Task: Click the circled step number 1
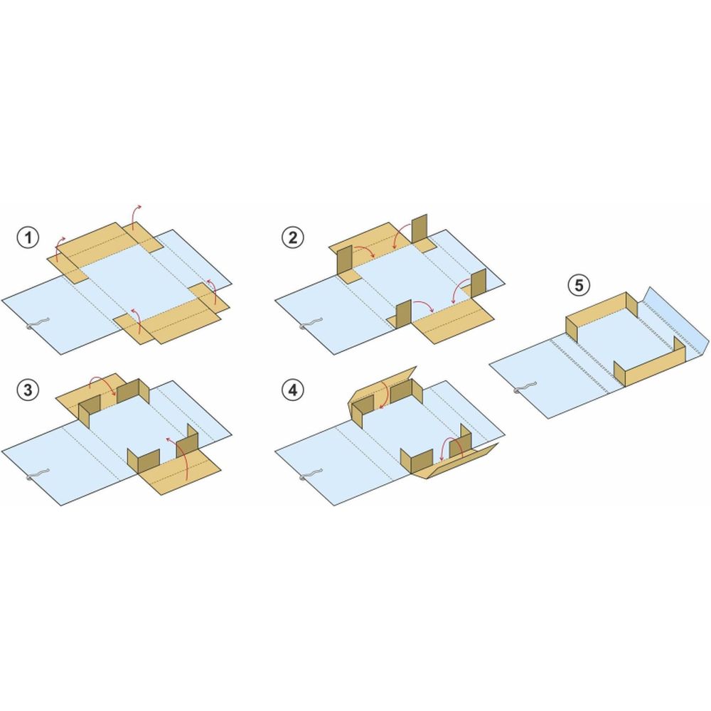[x=28, y=237]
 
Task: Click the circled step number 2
[x=293, y=237]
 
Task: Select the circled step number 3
[x=28, y=390]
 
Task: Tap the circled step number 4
[x=293, y=390]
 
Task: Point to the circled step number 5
[x=579, y=285]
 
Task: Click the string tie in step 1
[x=36, y=324]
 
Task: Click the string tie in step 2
[x=311, y=323]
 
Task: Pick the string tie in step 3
[x=37, y=475]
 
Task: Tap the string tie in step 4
[x=311, y=475]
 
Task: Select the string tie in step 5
[x=525, y=387]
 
